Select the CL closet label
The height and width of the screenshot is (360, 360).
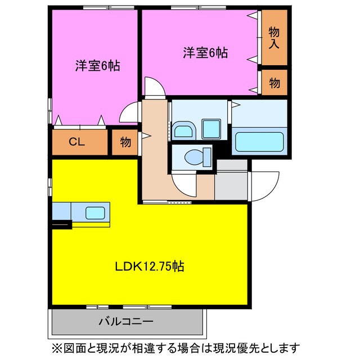click(77, 142)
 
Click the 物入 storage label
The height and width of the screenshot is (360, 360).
click(274, 37)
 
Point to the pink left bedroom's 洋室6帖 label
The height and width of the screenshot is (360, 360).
click(98, 65)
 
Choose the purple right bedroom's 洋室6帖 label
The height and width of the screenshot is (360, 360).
click(205, 53)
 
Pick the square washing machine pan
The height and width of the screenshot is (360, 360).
click(212, 129)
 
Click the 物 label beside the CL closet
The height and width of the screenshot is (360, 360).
click(125, 142)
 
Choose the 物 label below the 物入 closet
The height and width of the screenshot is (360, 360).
click(274, 83)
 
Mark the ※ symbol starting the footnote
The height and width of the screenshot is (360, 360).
click(56, 347)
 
